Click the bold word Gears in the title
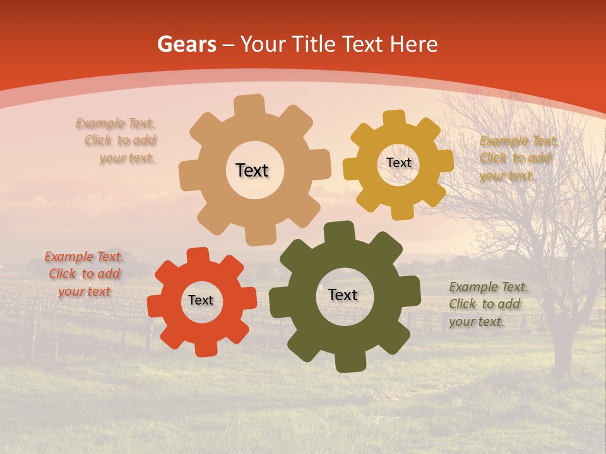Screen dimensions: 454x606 click(x=186, y=45)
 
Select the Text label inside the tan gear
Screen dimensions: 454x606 click(x=252, y=170)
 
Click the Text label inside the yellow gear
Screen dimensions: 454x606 click(x=398, y=163)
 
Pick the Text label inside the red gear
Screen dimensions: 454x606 click(x=201, y=300)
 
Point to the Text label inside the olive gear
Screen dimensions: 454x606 click(x=343, y=294)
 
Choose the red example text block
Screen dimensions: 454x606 click(x=84, y=274)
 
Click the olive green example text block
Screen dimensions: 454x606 click(x=487, y=305)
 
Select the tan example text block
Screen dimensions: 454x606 click(x=117, y=141)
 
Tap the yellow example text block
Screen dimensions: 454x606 click(x=518, y=158)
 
